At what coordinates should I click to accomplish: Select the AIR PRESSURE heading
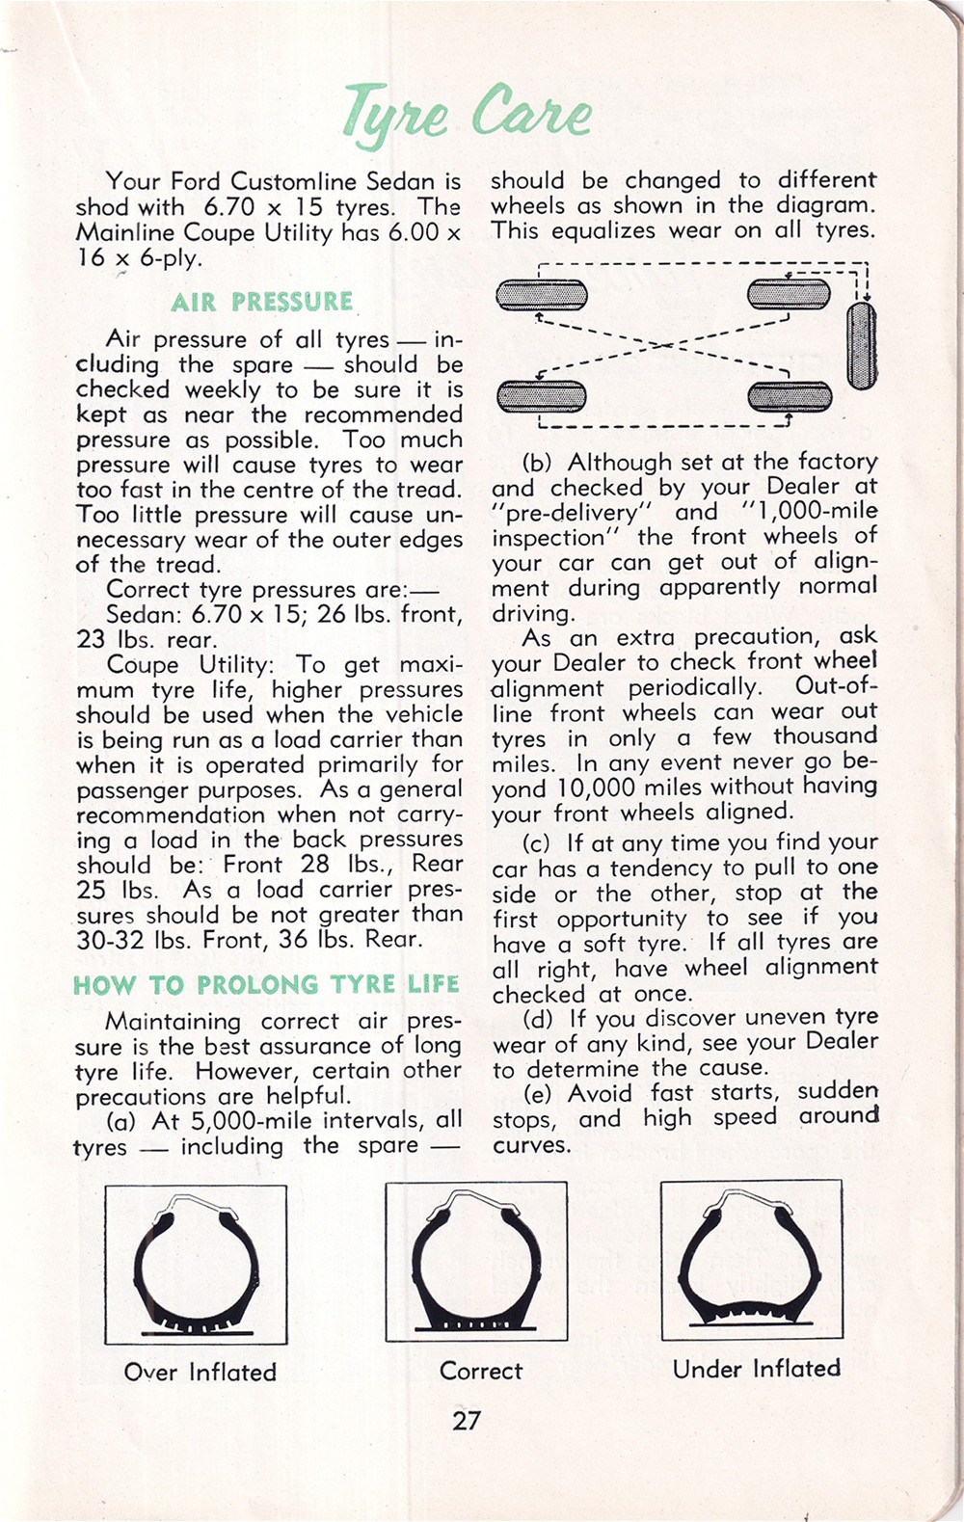(261, 302)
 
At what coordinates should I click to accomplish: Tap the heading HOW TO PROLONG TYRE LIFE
(266, 984)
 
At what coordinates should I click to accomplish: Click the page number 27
(467, 1420)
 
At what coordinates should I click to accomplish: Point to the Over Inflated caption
(200, 1372)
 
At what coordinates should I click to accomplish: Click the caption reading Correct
(481, 1371)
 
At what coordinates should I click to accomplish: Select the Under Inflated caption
(756, 1368)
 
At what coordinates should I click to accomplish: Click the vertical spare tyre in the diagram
(862, 346)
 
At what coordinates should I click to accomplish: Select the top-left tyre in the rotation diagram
(542, 295)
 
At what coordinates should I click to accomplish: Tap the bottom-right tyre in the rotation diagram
(790, 397)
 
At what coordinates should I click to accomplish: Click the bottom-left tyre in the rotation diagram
(542, 397)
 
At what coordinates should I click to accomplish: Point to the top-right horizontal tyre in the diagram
(789, 294)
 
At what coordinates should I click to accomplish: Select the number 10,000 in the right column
(596, 788)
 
